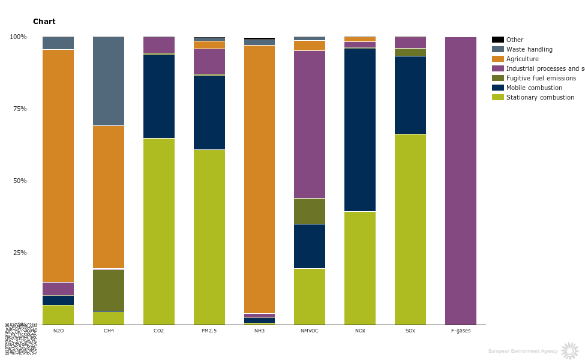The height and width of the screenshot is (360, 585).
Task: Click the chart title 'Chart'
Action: pos(44,22)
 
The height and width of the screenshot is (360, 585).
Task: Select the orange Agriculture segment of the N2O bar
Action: pos(58,165)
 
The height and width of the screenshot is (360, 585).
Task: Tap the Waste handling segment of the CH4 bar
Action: pos(109,81)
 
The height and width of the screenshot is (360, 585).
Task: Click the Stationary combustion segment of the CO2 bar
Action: pos(159,231)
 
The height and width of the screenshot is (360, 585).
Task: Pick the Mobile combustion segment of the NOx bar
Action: pos(360,129)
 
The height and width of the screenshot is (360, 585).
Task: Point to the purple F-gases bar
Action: pos(461,180)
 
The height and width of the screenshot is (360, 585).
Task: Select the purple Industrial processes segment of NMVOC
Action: pos(310,124)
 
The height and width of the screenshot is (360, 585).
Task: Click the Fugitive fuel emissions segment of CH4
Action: pos(109,290)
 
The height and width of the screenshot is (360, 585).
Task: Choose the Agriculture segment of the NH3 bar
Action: pos(259,179)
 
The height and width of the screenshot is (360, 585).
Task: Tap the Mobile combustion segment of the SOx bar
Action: pos(410,95)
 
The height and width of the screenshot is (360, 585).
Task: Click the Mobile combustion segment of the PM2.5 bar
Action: pos(209,112)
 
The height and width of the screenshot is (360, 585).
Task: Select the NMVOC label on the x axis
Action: pos(310,331)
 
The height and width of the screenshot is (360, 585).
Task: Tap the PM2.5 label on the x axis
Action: pos(209,331)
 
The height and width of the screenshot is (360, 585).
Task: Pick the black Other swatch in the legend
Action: pos(497,40)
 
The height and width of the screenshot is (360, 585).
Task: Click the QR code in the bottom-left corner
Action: pos(20,338)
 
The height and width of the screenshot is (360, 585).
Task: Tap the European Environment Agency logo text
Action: pos(523,351)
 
